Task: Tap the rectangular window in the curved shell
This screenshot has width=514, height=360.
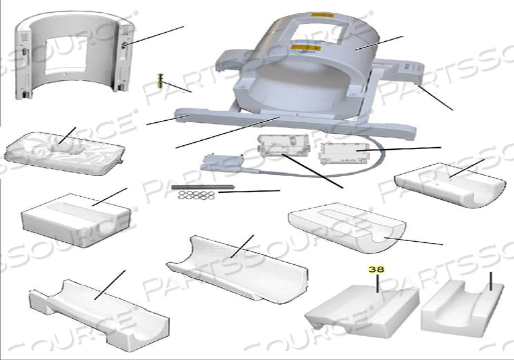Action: (x=66, y=54)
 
